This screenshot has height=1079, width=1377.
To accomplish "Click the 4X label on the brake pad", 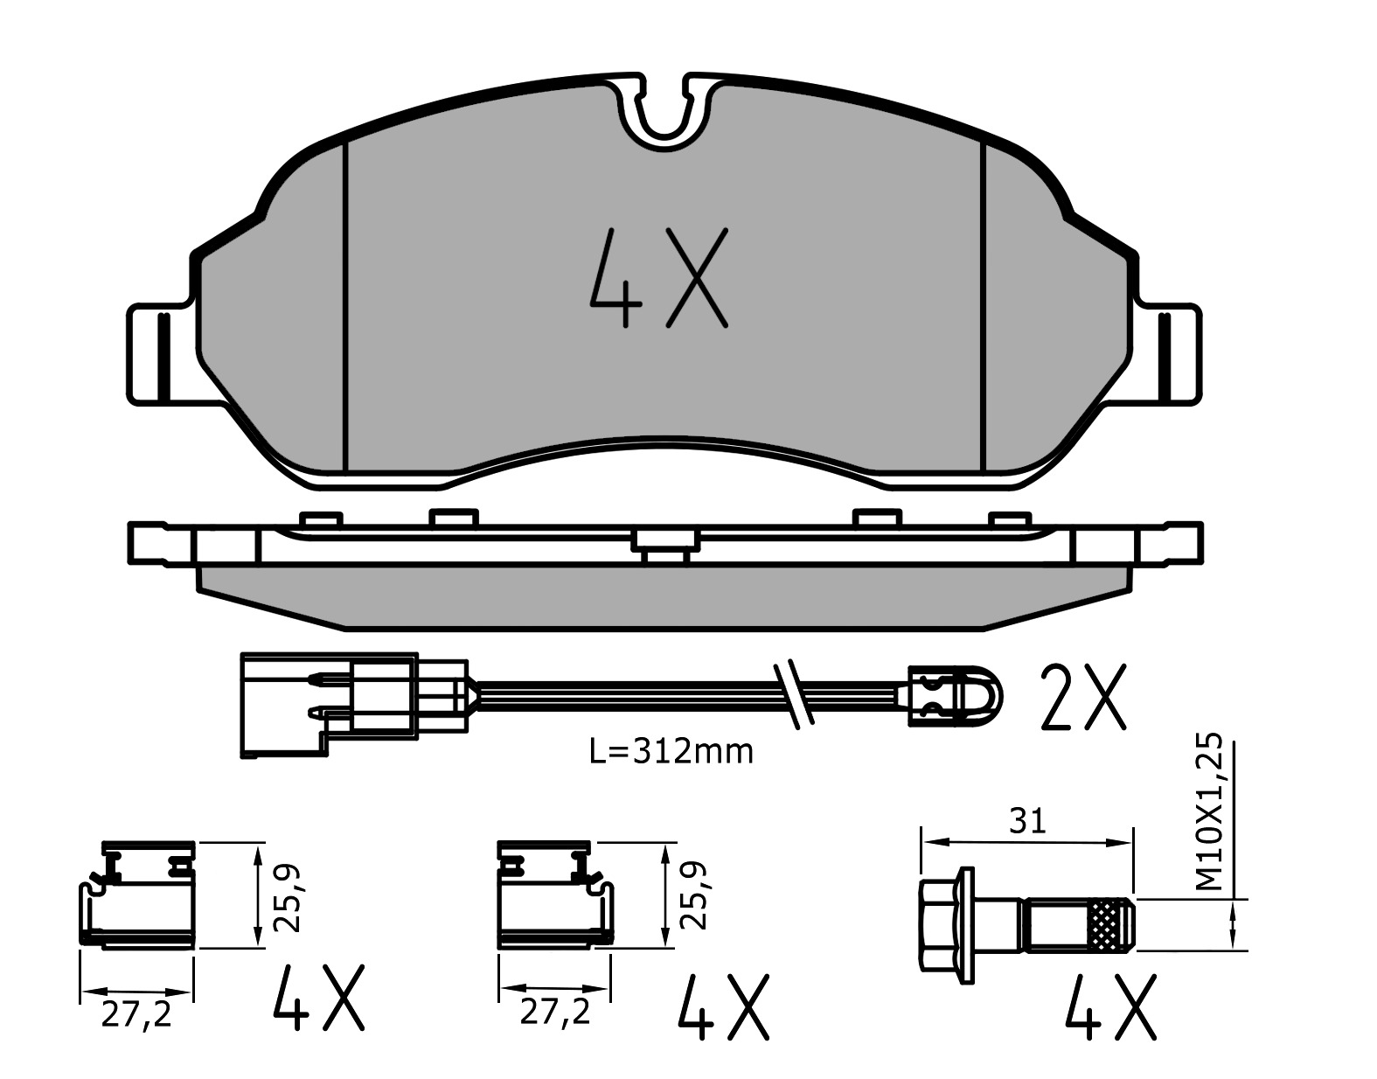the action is (x=659, y=277).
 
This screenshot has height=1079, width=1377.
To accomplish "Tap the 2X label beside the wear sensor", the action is (x=1083, y=696).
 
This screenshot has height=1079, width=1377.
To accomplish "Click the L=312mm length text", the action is (x=671, y=751).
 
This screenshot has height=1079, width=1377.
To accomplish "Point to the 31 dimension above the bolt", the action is (x=1026, y=823).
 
